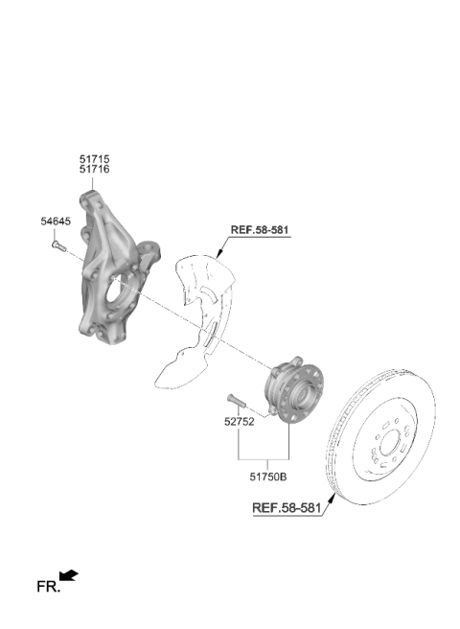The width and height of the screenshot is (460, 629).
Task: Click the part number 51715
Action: coord(94,159)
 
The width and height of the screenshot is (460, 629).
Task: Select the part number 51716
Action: coord(94,170)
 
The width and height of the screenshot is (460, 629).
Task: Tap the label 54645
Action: coord(56,221)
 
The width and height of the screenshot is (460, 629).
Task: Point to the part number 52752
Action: coord(239,422)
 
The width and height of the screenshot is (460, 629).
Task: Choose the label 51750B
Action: coord(268,477)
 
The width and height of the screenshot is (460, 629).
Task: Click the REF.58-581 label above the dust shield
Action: coord(260,230)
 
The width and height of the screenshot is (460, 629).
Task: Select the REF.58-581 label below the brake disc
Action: coord(287,508)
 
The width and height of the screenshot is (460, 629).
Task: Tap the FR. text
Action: coord(48,587)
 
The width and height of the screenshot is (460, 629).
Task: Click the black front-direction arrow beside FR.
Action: coord(68,575)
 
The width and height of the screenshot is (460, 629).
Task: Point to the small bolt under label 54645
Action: coord(58,245)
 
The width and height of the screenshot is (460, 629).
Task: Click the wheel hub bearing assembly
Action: coord(293,388)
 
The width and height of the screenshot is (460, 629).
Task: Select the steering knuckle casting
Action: coord(112,268)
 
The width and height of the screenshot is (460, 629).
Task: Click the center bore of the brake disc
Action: coord(390,443)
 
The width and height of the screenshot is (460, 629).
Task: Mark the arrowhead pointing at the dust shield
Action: coord(218,253)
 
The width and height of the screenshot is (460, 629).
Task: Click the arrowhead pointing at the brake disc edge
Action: coord(332,499)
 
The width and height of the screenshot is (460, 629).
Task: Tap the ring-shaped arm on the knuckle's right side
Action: coord(148,250)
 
